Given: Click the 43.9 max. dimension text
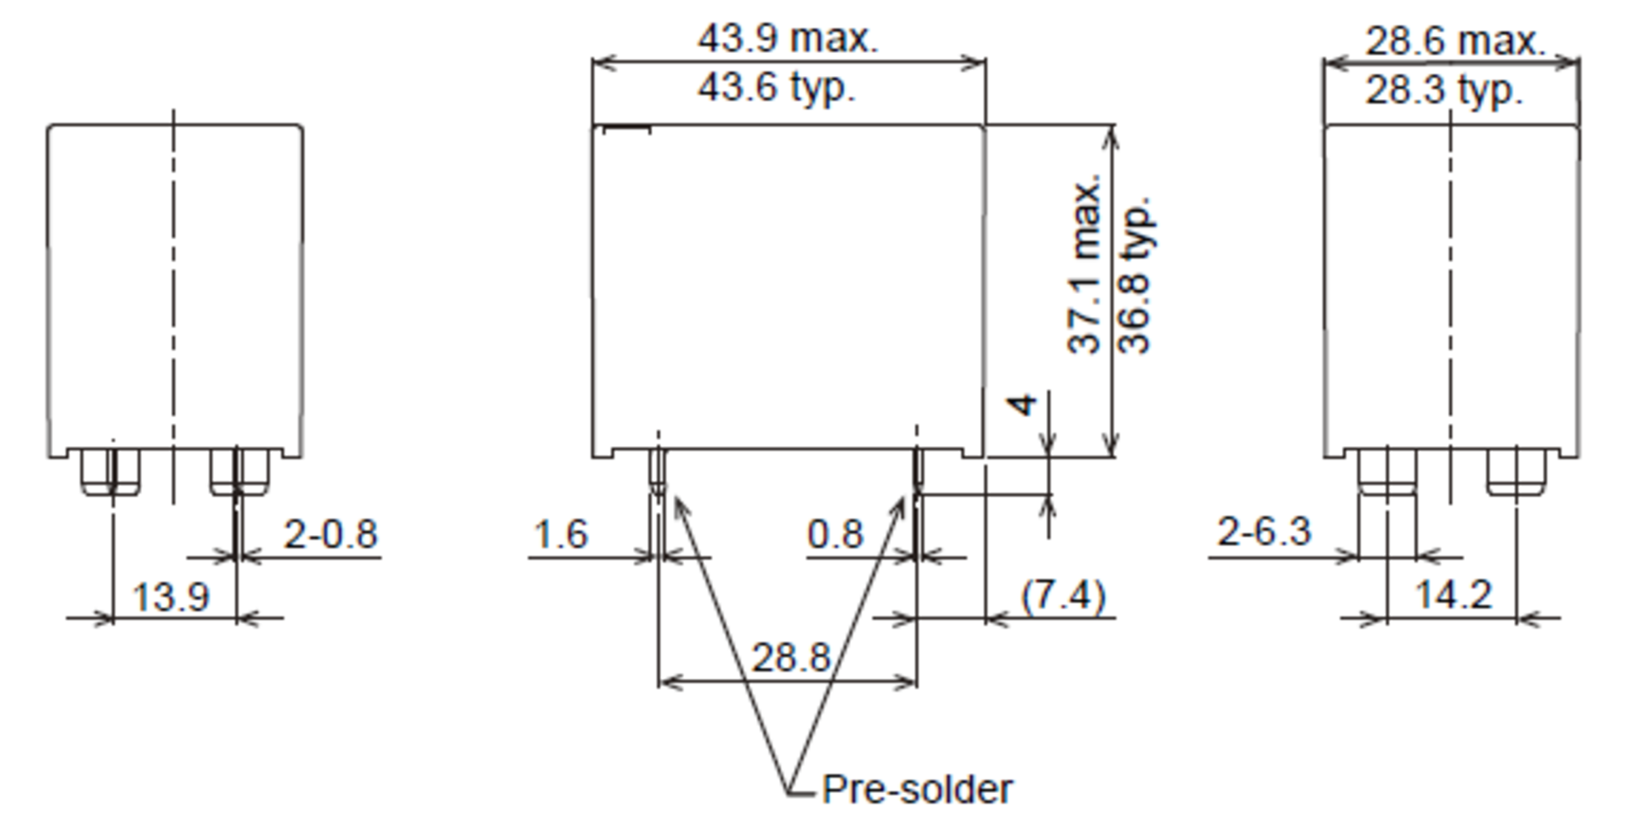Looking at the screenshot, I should tap(788, 39).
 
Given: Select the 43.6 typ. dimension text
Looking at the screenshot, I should tap(776, 88).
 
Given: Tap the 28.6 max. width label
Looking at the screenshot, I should tap(1455, 42).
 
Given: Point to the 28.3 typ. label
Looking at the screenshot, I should tap(1444, 91).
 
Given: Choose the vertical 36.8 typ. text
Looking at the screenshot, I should tap(1134, 275).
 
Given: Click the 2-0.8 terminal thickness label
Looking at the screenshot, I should tap(330, 534).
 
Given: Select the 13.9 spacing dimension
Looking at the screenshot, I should tap(170, 598).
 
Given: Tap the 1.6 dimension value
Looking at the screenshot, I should tap(560, 534).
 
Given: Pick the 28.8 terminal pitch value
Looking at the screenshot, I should tap(791, 658).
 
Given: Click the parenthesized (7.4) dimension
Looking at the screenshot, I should tap(1064, 596).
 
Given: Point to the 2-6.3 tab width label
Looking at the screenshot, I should tap(1263, 532).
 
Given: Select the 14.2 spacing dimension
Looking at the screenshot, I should tap(1453, 596).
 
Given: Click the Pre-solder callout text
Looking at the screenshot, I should tap(916, 790).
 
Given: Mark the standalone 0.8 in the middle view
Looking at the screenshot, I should tap(835, 534).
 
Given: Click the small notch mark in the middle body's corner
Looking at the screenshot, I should tap(627, 128).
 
